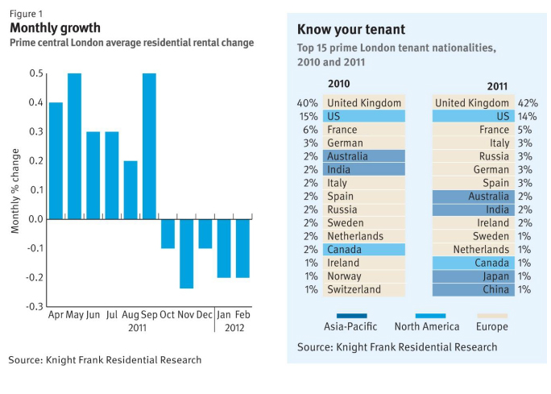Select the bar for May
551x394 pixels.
(74, 146)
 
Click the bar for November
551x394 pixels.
(186, 253)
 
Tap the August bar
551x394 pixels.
(130, 189)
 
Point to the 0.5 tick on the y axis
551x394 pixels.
(36, 74)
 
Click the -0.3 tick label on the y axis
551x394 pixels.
(35, 307)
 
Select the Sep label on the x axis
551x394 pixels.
(149, 314)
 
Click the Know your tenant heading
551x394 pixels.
(351, 30)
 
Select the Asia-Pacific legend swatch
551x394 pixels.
(346, 316)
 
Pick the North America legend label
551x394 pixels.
(427, 327)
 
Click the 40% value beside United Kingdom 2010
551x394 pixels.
(307, 103)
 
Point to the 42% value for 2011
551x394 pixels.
(528, 103)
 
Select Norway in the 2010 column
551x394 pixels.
(344, 276)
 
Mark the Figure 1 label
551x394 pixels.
(25, 12)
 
